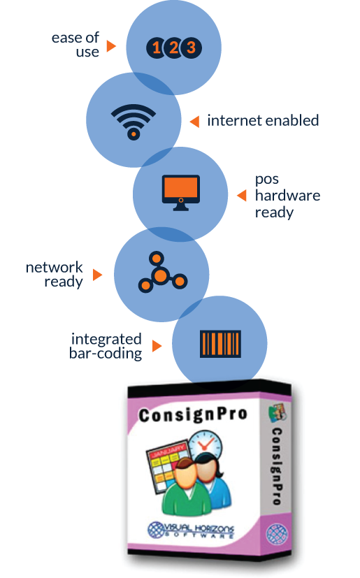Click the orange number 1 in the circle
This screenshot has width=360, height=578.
click(157, 48)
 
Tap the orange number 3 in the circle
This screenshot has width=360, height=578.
click(191, 48)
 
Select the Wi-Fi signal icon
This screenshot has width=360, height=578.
click(134, 122)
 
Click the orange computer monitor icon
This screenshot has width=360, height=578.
click(181, 192)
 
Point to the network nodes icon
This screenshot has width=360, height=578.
click(163, 273)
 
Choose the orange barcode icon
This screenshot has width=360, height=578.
click(220, 344)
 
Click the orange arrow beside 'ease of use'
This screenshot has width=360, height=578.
click(111, 46)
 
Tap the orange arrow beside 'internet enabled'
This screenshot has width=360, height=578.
click(195, 122)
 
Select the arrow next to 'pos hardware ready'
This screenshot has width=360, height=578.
click(242, 196)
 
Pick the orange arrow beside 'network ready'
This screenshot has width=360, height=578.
click(97, 275)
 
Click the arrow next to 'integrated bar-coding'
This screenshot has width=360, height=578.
click(157, 346)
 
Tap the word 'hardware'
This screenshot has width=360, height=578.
click(288, 196)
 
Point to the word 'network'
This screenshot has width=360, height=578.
click(55, 267)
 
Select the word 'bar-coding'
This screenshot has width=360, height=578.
click(106, 354)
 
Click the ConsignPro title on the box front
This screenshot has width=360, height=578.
click(192, 415)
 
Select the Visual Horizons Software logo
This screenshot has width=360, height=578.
click(191, 530)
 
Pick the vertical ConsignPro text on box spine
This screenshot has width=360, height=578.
click(277, 466)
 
